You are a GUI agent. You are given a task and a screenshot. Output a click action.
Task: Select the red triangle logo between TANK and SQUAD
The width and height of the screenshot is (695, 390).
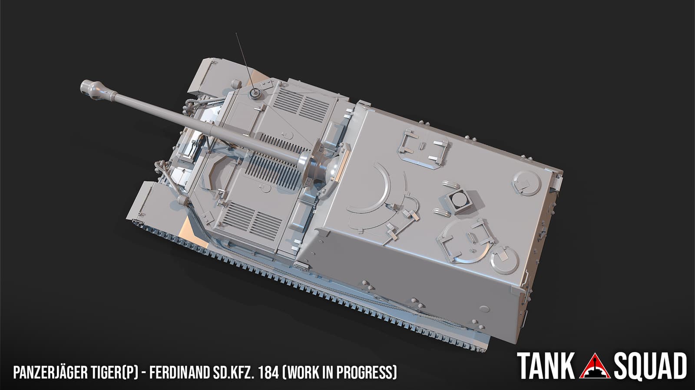(595, 367)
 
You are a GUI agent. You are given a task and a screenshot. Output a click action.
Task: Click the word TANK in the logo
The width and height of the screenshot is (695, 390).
(546, 366)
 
